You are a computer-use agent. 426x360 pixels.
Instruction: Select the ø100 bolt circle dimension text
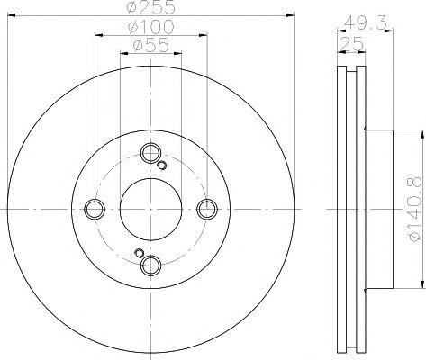tap(150, 26)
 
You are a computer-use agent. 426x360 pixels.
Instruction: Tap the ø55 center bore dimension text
tap(150, 46)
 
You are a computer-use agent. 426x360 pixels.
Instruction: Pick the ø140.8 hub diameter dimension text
tap(416, 210)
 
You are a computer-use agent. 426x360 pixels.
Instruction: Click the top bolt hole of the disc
tap(150, 153)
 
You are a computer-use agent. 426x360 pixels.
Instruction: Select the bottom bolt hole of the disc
tap(150, 265)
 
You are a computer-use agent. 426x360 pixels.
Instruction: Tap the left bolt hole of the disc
tap(95, 209)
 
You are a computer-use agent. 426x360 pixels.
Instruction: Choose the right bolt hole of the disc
tap(207, 209)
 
